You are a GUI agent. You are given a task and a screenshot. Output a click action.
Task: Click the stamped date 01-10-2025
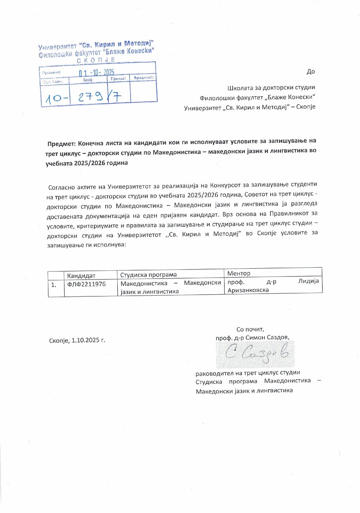pyautogui.click(x=96, y=72)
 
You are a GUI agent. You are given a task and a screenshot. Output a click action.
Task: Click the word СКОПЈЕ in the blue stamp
pyautogui.click(x=96, y=60)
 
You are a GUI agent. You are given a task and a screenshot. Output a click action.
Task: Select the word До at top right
pyautogui.click(x=311, y=72)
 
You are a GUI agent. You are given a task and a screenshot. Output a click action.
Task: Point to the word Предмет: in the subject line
pyautogui.click(x=61, y=143)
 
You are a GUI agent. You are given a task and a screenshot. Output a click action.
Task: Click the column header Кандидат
pyautogui.click(x=81, y=276)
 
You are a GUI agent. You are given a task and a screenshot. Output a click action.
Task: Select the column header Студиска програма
pyautogui.click(x=148, y=275)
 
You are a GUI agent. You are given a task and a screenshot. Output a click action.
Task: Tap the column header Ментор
pyautogui.click(x=239, y=273)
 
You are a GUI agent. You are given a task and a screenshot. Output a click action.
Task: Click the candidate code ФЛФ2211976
pyautogui.click(x=86, y=284)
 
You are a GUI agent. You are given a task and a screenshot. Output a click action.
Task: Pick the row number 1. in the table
pyautogui.click(x=54, y=285)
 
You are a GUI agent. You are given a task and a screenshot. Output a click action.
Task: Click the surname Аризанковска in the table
pyautogui.click(x=248, y=290)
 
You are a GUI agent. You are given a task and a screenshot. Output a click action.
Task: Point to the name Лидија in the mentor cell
pyautogui.click(x=309, y=281)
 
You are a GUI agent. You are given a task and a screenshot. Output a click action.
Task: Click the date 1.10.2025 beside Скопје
pyautogui.click(x=88, y=340)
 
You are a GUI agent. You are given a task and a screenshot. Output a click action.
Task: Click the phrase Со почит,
pyautogui.click(x=250, y=329)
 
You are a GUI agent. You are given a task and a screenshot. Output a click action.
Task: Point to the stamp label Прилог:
pyautogui.click(x=118, y=79)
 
